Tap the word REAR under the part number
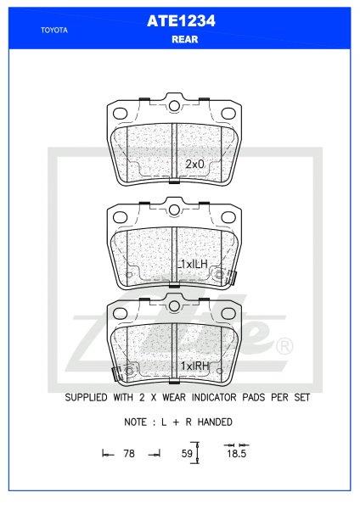(180, 40)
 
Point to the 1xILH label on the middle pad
(194, 266)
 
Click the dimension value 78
(129, 455)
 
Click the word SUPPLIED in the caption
(90, 397)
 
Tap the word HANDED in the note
(212, 422)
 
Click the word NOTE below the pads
(139, 422)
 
